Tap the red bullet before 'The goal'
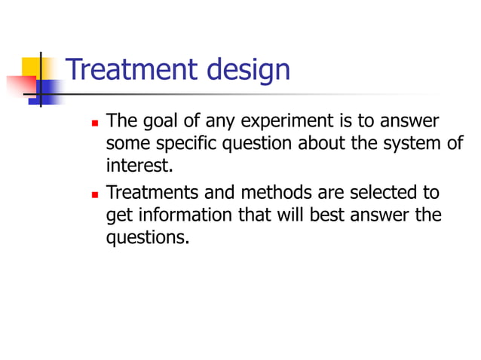click(x=94, y=121)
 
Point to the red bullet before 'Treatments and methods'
click(x=94, y=194)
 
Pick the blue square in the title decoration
click(x=49, y=90)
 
